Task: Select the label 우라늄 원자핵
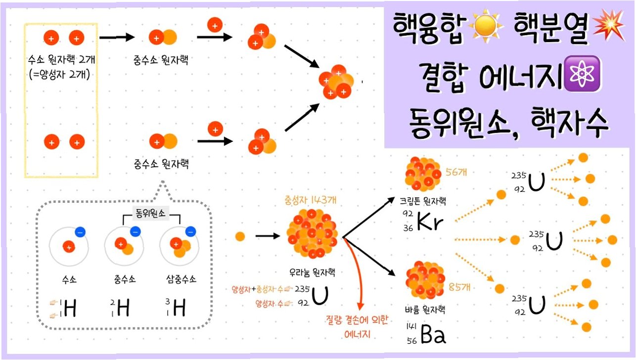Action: tap(310, 272)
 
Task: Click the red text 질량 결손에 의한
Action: tap(357, 320)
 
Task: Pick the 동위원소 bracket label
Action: tap(151, 214)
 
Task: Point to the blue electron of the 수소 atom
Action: tap(79, 231)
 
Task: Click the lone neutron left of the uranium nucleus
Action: tap(240, 236)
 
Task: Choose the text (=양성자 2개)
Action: tap(62, 75)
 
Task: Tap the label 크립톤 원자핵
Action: tap(423, 201)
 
